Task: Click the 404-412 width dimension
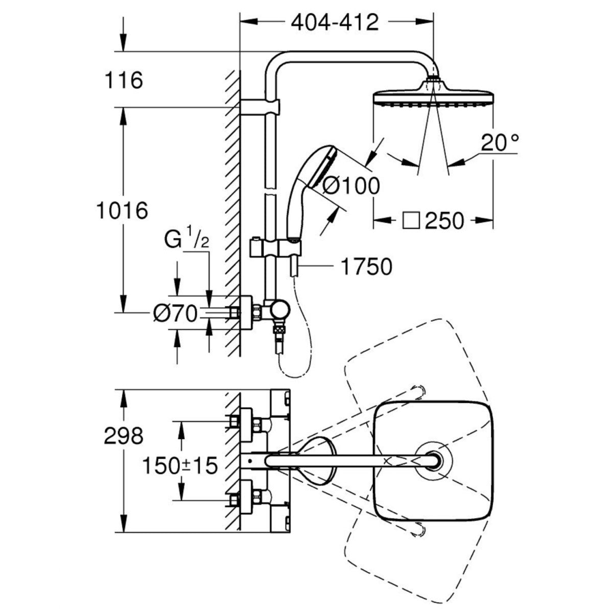(x=335, y=23)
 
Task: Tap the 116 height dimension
(x=123, y=80)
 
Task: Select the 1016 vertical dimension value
(x=123, y=210)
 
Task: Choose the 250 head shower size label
(x=444, y=221)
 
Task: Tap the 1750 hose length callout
(x=367, y=266)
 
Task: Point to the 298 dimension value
(x=123, y=436)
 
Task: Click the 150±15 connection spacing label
(x=179, y=466)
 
